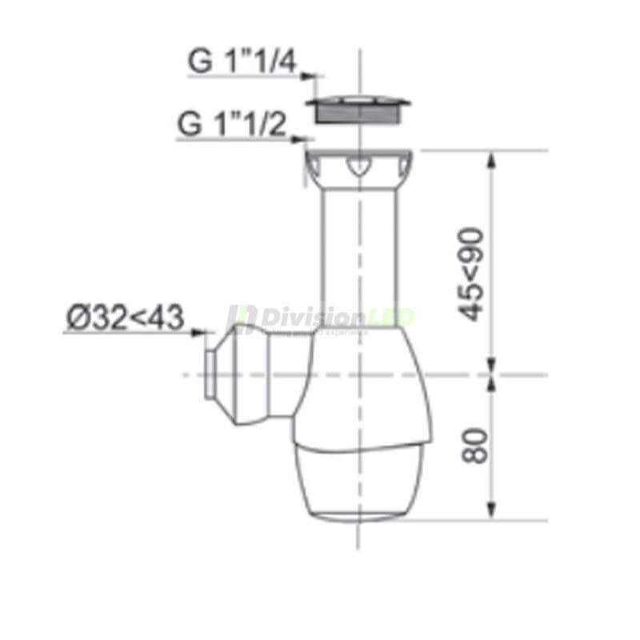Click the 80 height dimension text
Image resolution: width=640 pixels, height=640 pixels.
coord(474,446)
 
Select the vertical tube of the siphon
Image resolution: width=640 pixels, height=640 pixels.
coord(360,256)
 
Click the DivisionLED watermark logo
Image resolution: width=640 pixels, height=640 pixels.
coord(320,318)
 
